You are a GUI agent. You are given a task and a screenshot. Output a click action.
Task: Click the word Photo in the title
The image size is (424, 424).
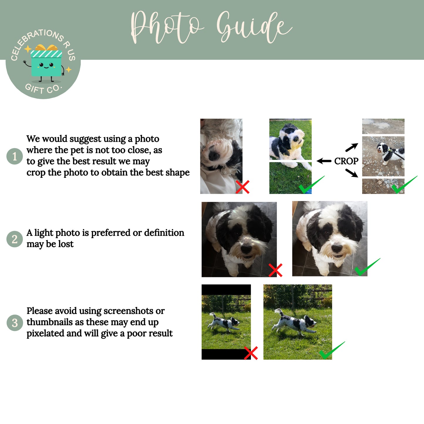pyautogui.click(x=167, y=27)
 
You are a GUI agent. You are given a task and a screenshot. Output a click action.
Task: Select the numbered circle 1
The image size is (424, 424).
pyautogui.click(x=14, y=156)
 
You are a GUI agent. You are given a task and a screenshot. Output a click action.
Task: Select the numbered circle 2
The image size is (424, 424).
pyautogui.click(x=14, y=239)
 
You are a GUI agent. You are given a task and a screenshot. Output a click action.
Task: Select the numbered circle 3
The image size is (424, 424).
pyautogui.click(x=14, y=323)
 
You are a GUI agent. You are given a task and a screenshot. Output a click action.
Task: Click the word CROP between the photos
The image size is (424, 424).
pyautogui.click(x=346, y=161)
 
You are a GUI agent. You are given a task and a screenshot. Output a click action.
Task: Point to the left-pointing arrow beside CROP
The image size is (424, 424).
pyautogui.click(x=324, y=161)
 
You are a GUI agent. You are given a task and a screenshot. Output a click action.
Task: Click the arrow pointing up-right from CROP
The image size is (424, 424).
pyautogui.click(x=352, y=147)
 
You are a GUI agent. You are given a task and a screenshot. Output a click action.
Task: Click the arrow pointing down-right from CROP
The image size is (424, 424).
pyautogui.click(x=352, y=173)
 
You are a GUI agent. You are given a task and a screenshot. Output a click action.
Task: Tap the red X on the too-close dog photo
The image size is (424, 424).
pyautogui.click(x=242, y=187)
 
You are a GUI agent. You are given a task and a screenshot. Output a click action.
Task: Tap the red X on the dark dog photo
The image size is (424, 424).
pyautogui.click(x=276, y=270)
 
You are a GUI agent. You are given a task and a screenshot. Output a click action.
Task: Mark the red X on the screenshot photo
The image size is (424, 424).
pyautogui.click(x=251, y=353)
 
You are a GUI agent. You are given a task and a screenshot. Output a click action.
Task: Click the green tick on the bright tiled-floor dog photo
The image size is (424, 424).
pyautogui.click(x=367, y=267)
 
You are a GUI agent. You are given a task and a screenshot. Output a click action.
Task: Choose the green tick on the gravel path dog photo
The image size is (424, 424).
pyautogui.click(x=404, y=185)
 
